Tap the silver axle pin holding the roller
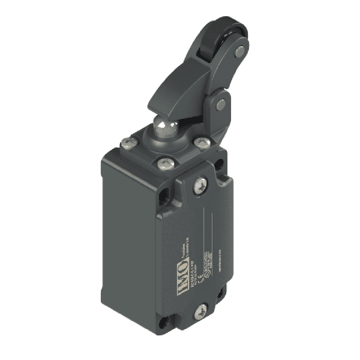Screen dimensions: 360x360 [x=240, y=53]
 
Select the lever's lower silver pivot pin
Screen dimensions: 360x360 [x=221, y=104]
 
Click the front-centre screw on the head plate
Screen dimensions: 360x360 [x=164, y=163]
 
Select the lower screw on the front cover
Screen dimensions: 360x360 [x=201, y=310]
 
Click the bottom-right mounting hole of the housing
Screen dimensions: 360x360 [x=221, y=295]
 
